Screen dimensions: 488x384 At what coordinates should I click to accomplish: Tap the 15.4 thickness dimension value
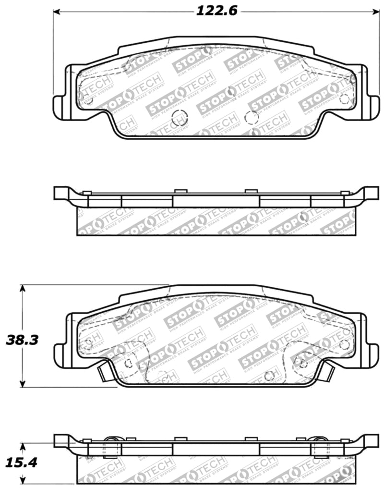(x=21, y=463)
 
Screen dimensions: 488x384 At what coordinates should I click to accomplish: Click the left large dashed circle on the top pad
(x=179, y=117)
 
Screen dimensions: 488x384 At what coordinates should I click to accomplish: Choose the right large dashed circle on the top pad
(x=252, y=117)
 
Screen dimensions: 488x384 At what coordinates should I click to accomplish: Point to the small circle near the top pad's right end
(x=344, y=99)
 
